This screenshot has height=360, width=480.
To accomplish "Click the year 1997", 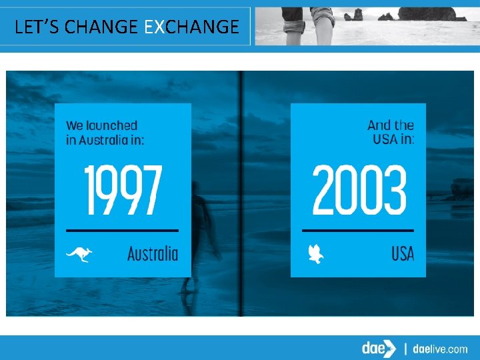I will (x=123, y=189).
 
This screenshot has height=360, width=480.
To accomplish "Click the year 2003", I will (x=359, y=189).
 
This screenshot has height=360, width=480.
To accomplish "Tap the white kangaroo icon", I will (x=78, y=253).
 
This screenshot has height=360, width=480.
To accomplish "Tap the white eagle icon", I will (x=315, y=253).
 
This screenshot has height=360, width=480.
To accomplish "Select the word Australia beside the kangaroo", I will (x=153, y=253).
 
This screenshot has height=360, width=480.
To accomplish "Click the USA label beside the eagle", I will (x=403, y=253).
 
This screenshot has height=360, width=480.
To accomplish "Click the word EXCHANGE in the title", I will (x=191, y=27).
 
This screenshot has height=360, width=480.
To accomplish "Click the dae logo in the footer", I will (x=377, y=348).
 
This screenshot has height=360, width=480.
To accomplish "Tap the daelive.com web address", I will (x=441, y=349).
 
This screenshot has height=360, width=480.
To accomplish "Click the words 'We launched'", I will (x=101, y=125).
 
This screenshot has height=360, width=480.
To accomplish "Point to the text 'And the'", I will (x=391, y=125).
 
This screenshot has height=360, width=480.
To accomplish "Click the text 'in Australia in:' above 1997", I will (x=105, y=139).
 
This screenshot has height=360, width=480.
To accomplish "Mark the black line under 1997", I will (x=121, y=230).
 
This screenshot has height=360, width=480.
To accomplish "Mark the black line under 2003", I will (x=358, y=230).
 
